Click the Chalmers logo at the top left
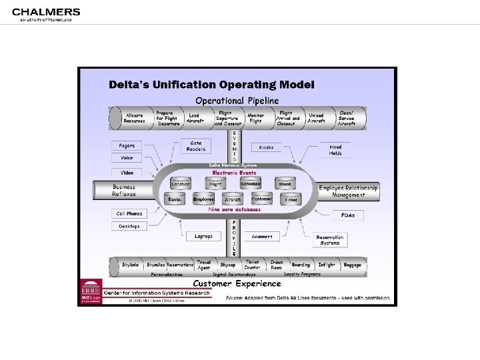[45, 14]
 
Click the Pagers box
[126, 145]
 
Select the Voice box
[126, 158]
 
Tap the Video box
[126, 172]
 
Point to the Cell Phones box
[129, 213]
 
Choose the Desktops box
[129, 226]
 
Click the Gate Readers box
[195, 145]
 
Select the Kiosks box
[266, 147]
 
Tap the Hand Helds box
[335, 149]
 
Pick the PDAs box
[348, 214]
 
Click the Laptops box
[203, 236]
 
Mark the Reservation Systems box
[329, 240]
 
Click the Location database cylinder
[180, 183]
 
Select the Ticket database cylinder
[291, 199]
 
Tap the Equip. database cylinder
[175, 199]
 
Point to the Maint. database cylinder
[285, 183]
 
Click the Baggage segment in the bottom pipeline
[352, 265]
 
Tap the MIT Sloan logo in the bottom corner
[90, 291]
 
